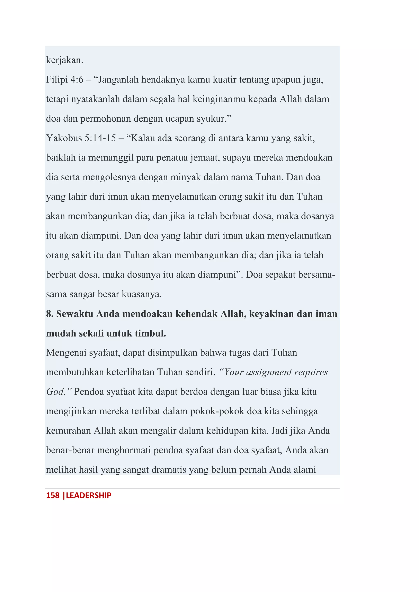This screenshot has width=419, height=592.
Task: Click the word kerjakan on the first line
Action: (64, 60)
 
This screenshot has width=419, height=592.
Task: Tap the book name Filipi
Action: (57, 79)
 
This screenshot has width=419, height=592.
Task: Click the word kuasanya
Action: (141, 294)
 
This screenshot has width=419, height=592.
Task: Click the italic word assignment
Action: (269, 372)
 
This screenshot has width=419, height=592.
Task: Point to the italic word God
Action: (55, 392)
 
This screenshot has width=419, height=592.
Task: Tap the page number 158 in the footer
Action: (53, 495)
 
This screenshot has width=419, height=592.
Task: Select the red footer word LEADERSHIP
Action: (89, 495)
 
